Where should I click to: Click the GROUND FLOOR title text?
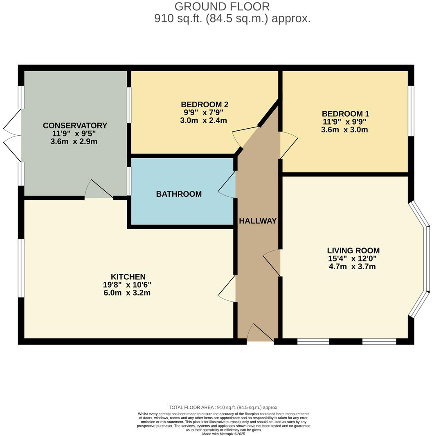tap(222, 7)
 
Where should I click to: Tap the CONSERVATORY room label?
tap(75, 125)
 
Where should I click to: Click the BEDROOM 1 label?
tap(342, 114)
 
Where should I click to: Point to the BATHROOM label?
tap(179, 194)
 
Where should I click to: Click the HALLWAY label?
tap(258, 221)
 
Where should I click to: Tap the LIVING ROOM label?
tap(353, 250)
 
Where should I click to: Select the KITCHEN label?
tap(128, 277)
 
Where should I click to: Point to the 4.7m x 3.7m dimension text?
tap(353, 266)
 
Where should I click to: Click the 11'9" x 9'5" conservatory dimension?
tap(75, 134)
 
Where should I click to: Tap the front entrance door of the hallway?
tap(260, 333)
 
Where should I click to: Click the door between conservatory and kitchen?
tap(99, 190)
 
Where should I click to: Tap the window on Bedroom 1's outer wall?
tap(411, 111)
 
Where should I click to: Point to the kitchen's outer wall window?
tap(20, 268)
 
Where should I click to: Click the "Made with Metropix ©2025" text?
tap(223, 434)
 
